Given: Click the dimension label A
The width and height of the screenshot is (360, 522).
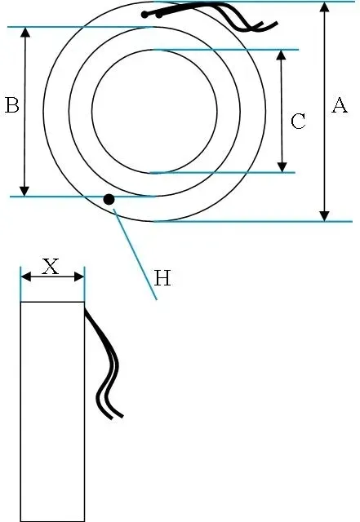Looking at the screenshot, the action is point(340,105).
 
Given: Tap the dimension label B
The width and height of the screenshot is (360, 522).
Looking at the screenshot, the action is point(12,105).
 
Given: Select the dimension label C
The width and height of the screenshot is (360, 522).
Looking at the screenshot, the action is point(298,122).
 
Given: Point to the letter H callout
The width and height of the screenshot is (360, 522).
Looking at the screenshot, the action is point(162,278).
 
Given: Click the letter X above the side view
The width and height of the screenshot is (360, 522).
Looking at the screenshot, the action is point(51,267).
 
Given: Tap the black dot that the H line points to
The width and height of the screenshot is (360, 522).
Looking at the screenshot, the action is point(109,199).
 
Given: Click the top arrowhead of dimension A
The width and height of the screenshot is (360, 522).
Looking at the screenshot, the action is point(324,7).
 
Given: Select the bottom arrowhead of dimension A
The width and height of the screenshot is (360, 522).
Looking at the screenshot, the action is point(324,216).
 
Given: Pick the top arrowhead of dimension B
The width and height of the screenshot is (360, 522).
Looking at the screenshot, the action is point(25,33).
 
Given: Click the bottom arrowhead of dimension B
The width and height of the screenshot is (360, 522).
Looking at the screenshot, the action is point(24,191).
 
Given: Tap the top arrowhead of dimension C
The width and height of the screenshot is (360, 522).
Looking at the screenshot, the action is point(282,55).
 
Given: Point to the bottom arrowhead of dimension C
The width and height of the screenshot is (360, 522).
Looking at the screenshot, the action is point(282,167).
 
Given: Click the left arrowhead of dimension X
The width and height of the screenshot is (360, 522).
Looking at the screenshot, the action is point(26,276).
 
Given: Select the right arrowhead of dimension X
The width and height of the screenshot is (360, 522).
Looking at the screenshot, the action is point(78,276).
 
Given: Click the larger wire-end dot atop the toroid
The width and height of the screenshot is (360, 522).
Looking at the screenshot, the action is point(144,15).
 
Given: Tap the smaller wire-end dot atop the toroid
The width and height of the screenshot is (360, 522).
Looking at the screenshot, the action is point(160,15).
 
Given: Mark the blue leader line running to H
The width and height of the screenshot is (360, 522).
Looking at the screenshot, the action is point(135,254).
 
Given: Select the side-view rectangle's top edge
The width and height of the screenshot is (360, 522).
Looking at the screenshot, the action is point(53,302).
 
